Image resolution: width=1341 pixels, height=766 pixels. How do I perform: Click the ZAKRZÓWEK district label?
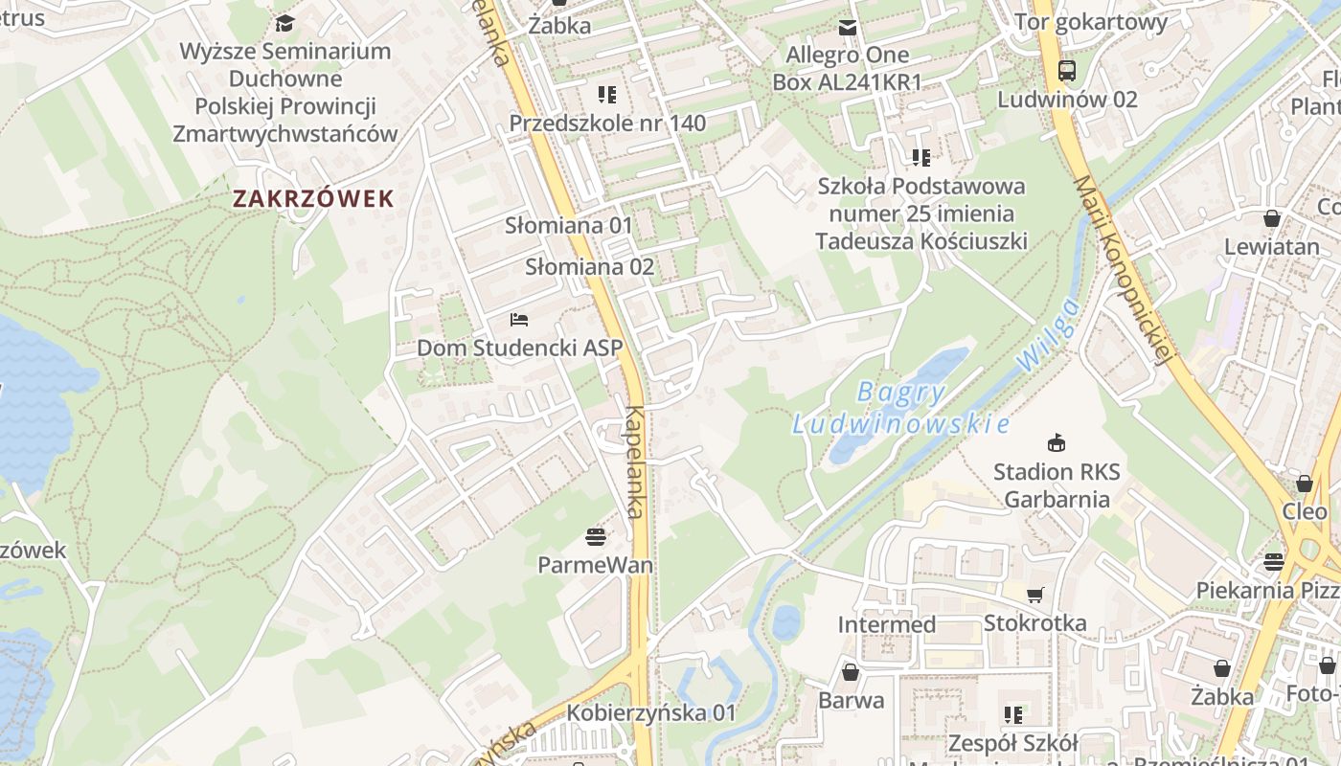coord(313,199)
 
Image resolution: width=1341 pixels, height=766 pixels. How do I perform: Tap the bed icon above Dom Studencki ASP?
coord(519,320)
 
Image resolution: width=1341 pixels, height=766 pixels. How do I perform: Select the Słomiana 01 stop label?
coord(569,226)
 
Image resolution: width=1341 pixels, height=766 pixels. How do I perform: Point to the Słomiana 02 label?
coord(589,267)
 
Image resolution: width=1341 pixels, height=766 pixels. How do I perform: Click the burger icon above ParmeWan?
coord(596,536)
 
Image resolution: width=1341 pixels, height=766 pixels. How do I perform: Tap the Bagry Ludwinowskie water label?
coord(900,408)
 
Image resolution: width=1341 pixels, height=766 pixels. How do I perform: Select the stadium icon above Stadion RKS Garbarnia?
coord(1057,442)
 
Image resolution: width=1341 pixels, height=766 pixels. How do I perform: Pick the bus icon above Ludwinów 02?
coord(1067,70)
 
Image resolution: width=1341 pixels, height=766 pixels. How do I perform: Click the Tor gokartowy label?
coord(1090,22)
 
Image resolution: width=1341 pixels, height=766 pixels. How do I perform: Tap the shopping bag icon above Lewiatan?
coord(1272,218)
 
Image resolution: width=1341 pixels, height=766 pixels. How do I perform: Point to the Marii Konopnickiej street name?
coord(1123,270)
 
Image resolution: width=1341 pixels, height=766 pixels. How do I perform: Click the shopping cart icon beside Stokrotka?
coord(1035,595)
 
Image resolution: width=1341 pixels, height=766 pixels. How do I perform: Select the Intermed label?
coord(886,624)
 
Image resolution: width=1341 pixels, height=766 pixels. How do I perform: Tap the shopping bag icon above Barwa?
coord(851,672)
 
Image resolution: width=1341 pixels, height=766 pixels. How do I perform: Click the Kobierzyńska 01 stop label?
coord(651,713)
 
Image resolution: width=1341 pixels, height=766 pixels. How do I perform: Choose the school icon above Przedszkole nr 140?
coord(607,94)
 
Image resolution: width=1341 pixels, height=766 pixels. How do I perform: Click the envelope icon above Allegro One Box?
coord(848,27)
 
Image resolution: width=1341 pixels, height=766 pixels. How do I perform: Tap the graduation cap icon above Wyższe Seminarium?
coord(284,23)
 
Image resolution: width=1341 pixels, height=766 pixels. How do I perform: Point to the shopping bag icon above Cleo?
coord(1305,484)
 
